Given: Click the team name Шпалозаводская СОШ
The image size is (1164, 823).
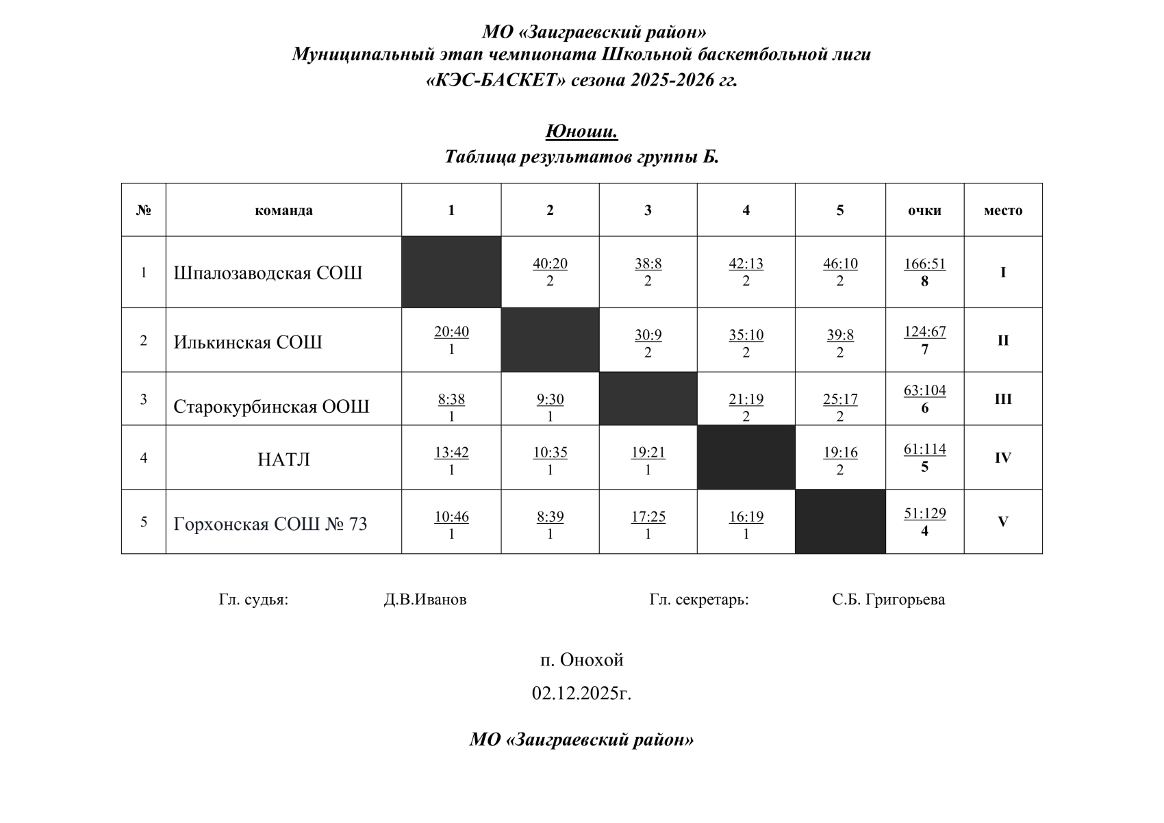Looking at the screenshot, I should click(x=268, y=273).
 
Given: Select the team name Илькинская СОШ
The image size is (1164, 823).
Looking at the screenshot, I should click(x=248, y=342).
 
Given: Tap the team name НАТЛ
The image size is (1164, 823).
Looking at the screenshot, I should click(x=283, y=459).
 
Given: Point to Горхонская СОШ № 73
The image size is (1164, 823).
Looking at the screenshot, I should click(x=270, y=524).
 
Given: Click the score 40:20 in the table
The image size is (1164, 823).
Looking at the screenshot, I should click(x=550, y=264).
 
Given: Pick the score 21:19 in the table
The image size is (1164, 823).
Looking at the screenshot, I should click(x=746, y=400).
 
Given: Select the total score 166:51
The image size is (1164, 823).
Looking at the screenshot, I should click(x=924, y=264).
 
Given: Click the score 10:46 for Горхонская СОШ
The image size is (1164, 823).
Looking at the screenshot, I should click(x=451, y=517).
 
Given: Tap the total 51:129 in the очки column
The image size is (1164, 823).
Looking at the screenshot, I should click(x=924, y=514).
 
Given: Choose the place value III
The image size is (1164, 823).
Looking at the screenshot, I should click(x=1002, y=399).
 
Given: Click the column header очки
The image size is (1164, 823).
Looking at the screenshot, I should click(x=924, y=211).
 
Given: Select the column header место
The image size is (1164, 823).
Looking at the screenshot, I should click(x=1003, y=211).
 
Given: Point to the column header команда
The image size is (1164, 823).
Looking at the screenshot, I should click(x=283, y=211).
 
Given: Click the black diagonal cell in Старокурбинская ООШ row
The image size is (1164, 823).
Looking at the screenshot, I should click(x=648, y=398).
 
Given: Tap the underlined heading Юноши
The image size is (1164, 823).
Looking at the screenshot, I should click(x=581, y=131).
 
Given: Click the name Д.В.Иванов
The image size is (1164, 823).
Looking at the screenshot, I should click(x=425, y=600).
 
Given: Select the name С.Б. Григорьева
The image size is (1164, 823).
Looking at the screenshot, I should click(x=888, y=600).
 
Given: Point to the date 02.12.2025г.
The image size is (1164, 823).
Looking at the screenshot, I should click(x=581, y=694).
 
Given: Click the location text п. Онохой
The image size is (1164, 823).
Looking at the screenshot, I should click(x=581, y=660).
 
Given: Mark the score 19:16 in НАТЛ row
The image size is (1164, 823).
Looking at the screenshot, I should click(x=839, y=453).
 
